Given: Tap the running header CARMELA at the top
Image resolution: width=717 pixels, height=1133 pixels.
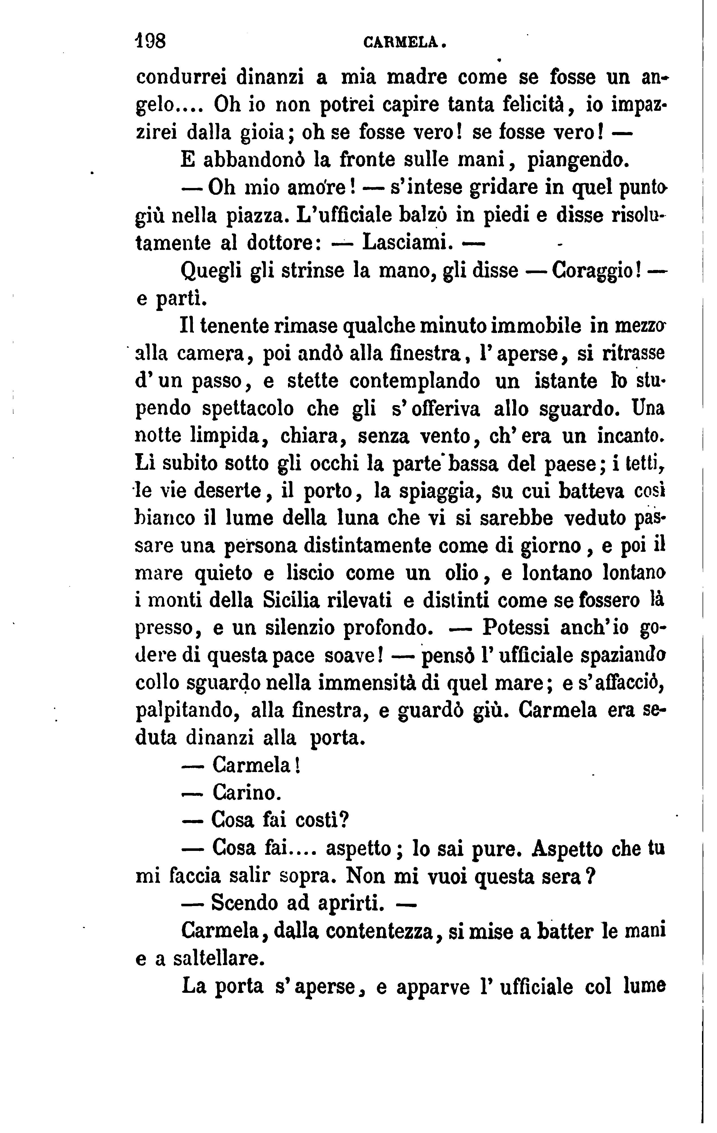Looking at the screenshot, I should point(404,43).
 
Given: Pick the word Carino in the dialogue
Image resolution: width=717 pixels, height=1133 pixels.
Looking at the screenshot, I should point(247,793).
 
